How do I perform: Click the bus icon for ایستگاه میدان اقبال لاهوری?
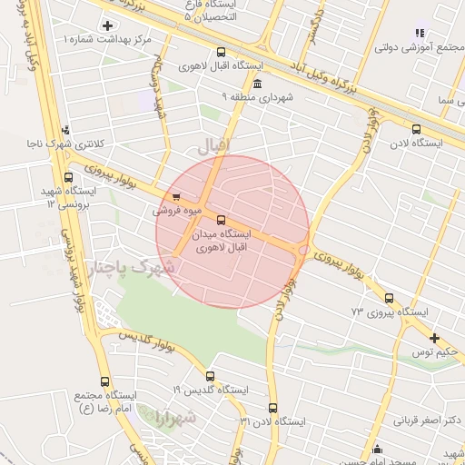click(222, 219)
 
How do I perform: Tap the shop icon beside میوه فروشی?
click(175, 195)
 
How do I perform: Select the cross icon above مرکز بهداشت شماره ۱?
click(109, 25)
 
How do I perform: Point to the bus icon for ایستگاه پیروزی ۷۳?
click(390, 298)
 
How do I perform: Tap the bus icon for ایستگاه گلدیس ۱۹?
click(211, 376)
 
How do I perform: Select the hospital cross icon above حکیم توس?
click(434, 338)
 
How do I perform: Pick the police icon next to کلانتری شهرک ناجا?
click(64, 130)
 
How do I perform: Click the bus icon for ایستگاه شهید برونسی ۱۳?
click(69, 178)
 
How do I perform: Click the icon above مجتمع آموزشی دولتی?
click(420, 34)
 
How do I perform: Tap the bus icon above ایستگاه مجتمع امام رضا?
click(105, 382)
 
